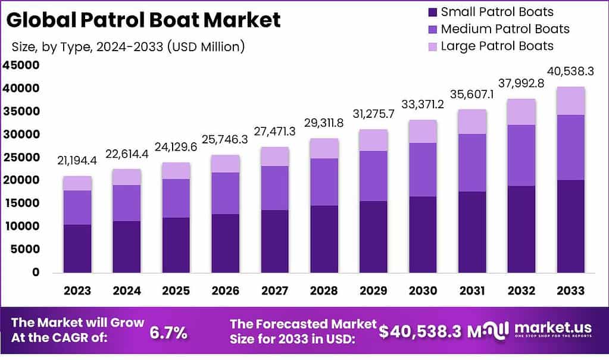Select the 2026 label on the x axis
click(224, 290)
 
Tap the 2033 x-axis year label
click(570, 290)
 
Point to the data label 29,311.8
click(324, 123)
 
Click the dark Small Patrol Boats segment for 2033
click(570, 226)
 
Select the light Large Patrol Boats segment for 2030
click(422, 131)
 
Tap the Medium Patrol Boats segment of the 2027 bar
click(274, 187)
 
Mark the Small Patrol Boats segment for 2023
click(77, 248)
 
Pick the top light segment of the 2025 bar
click(176, 170)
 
